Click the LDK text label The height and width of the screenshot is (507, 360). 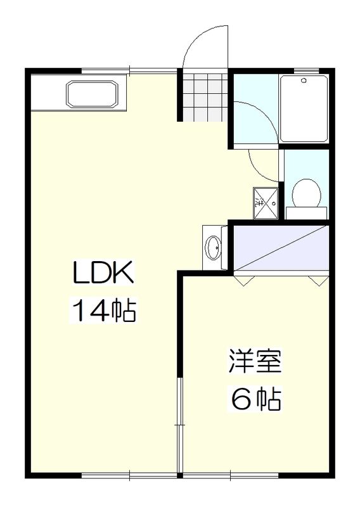(103, 274)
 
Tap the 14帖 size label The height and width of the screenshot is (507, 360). (103, 311)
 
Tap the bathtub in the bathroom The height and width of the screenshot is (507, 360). (304, 108)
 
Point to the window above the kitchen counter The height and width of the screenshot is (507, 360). (129, 70)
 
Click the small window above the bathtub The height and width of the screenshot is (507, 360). (306, 70)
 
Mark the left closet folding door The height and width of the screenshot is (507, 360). (243, 278)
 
